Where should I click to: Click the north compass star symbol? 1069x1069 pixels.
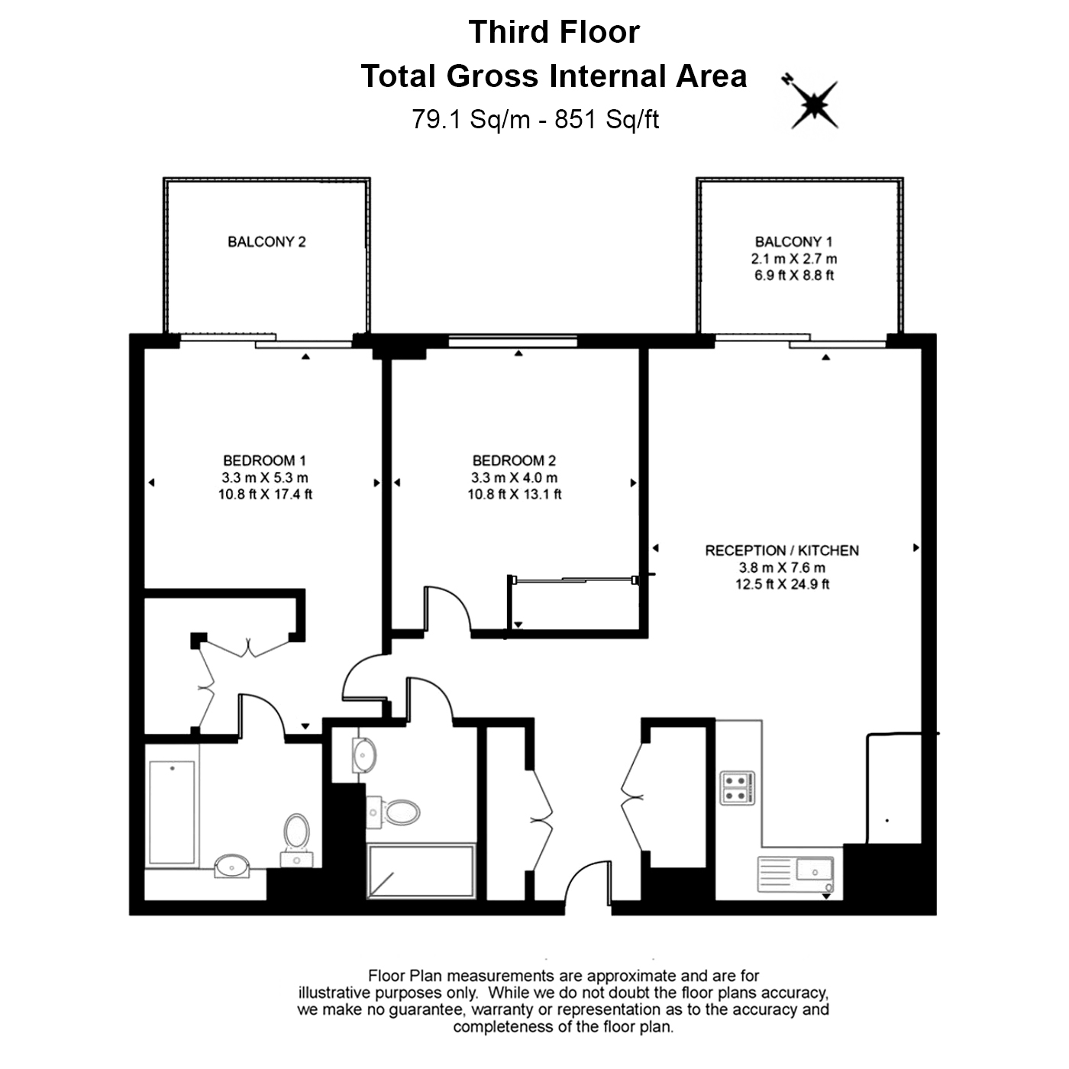[x=814, y=105]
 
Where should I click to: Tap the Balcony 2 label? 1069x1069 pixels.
[x=266, y=242]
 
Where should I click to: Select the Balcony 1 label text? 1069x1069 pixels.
[x=794, y=242]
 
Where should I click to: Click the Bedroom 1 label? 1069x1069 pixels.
[x=265, y=460]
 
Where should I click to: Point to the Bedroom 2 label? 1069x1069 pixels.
[x=514, y=460]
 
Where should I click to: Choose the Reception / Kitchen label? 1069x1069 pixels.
[x=782, y=551]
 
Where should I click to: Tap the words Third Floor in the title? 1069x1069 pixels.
[x=554, y=31]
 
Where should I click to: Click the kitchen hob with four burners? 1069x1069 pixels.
[x=738, y=788]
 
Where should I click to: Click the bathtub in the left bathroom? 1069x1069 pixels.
[x=172, y=812]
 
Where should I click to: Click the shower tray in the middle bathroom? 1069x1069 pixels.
[x=421, y=871]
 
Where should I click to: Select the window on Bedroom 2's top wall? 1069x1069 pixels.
[x=513, y=341]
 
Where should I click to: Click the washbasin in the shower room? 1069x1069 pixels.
[x=364, y=755]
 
